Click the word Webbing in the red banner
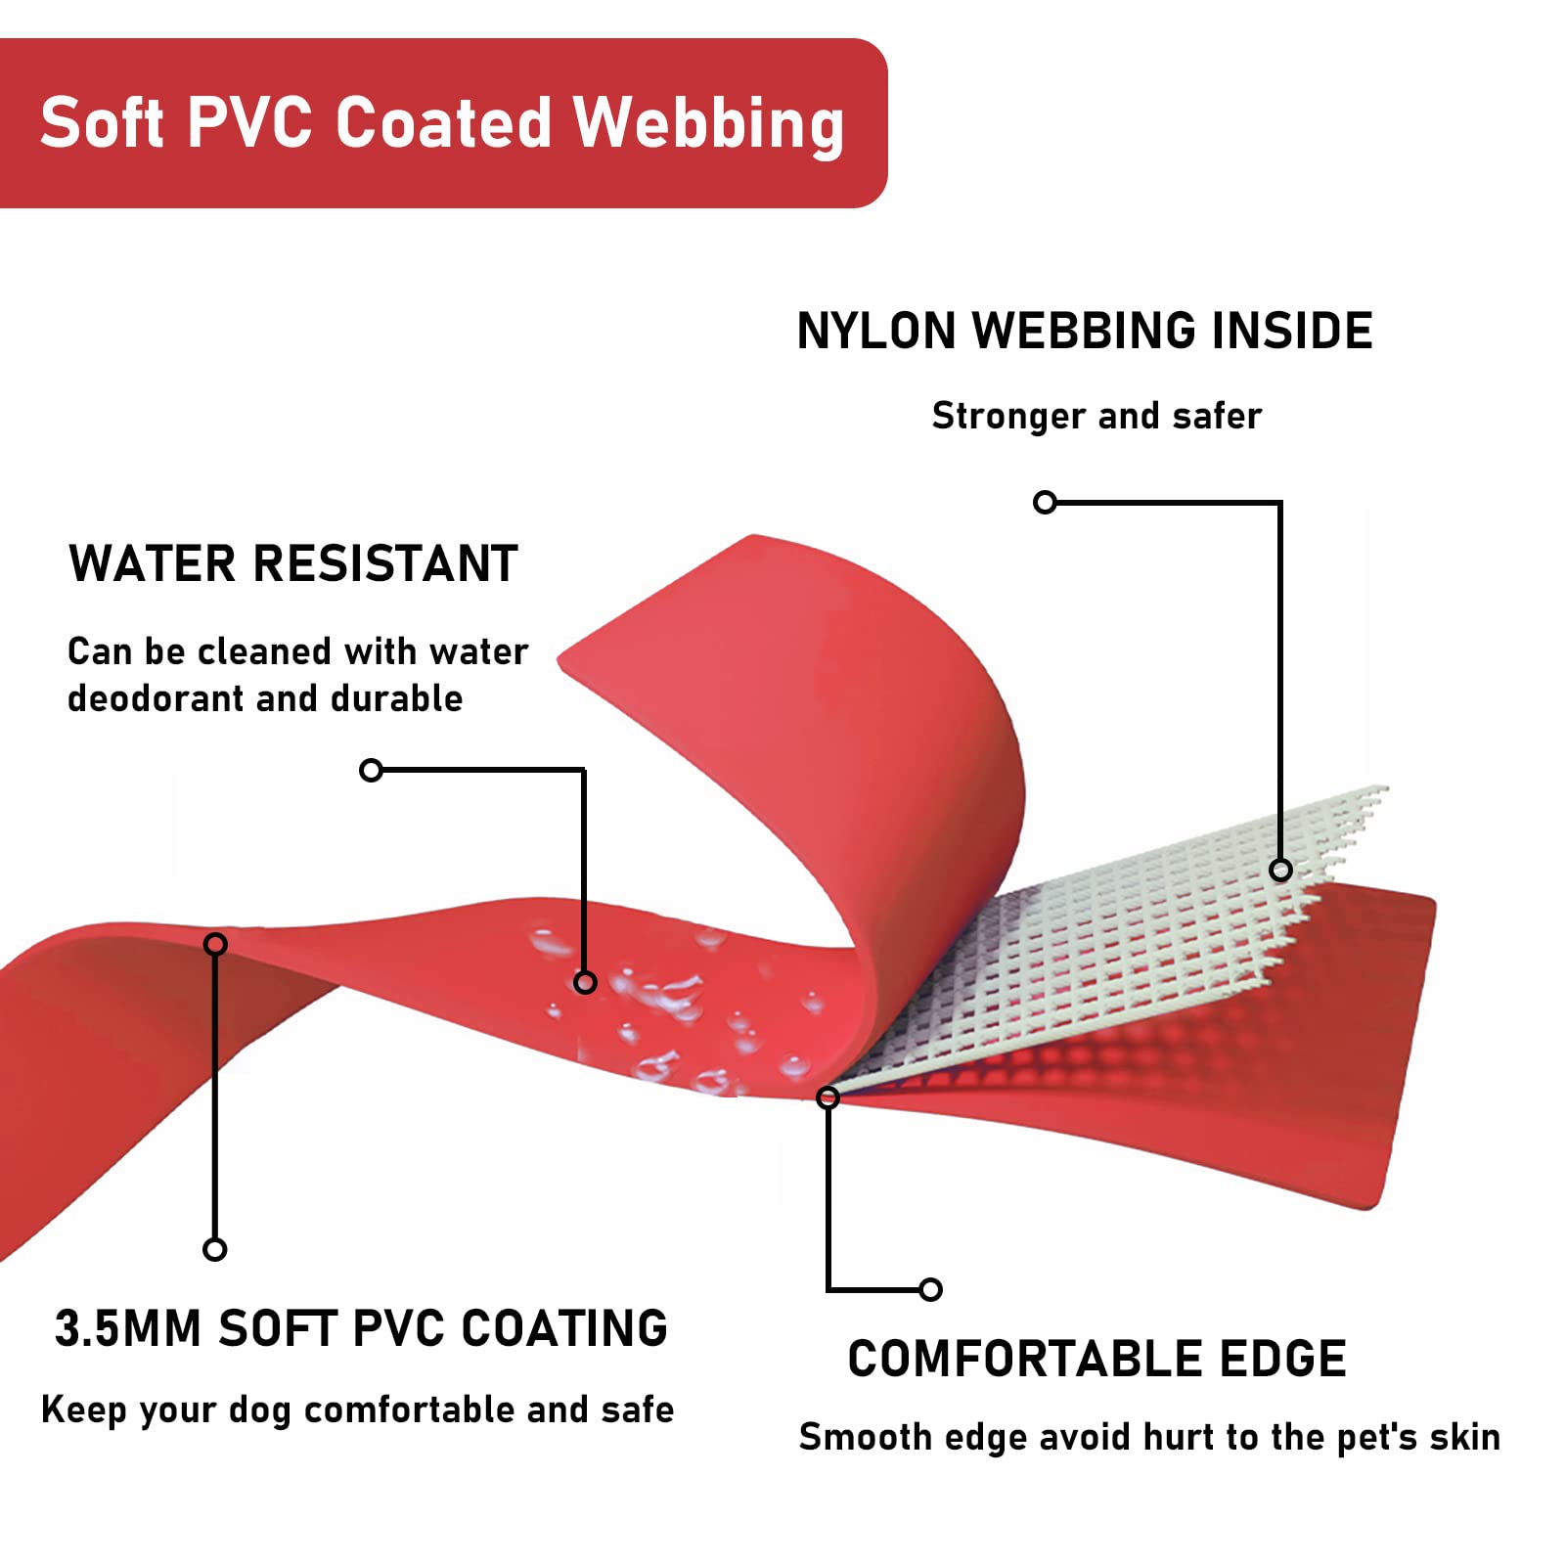708,124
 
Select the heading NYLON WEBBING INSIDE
1084,331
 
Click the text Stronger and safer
1096,416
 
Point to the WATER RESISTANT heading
292,564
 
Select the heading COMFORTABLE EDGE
1096,1359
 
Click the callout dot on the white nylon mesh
1280,870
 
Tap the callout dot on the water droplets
585,981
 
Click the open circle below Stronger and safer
1045,502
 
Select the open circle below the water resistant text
371,770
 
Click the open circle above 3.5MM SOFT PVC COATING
214,1249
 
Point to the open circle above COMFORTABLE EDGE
931,1289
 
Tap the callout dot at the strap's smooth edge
828,1097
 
